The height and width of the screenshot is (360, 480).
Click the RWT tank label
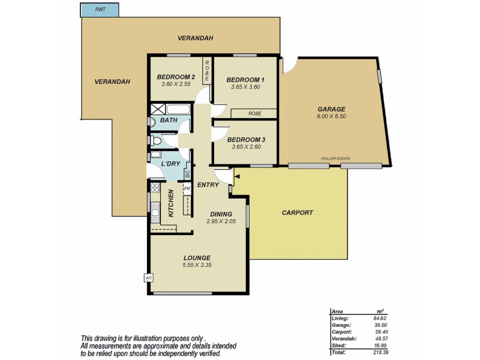(x=99, y=10)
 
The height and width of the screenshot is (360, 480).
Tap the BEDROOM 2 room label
(x=176, y=77)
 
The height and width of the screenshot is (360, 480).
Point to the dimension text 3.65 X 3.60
(x=246, y=87)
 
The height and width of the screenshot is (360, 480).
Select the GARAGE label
(x=331, y=109)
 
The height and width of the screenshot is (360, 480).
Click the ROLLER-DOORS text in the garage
(x=335, y=159)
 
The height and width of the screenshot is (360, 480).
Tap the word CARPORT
(x=297, y=212)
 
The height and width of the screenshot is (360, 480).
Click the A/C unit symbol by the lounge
(x=148, y=277)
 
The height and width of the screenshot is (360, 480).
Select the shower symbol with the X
(x=158, y=109)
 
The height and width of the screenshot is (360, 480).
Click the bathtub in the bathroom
(x=178, y=110)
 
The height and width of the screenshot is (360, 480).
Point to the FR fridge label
(x=187, y=188)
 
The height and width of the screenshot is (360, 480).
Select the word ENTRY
(x=208, y=185)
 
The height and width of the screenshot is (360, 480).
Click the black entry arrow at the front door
(x=237, y=177)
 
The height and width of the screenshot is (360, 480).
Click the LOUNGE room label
(x=197, y=258)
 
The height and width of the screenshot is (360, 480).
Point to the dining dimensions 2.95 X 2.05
(x=221, y=221)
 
